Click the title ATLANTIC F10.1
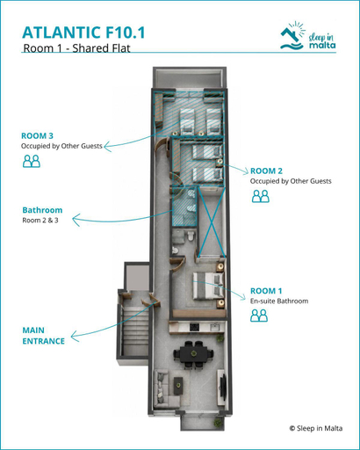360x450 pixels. coord(83,33)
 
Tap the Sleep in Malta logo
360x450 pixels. coord(307,36)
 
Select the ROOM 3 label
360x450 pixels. coord(37,135)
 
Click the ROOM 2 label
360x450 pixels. coord(266,171)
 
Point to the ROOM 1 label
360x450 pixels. coord(266,291)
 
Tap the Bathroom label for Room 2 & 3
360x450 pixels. coord(42,210)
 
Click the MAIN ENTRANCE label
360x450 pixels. coord(43,336)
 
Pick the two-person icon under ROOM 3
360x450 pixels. coord(32,161)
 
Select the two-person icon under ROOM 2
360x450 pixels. coord(261,196)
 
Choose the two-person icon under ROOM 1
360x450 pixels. coord(259,316)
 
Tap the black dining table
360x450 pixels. coord(193,353)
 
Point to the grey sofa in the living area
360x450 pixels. coord(165,388)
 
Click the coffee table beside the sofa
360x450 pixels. coord(178,386)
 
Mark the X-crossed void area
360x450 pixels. coord(212,222)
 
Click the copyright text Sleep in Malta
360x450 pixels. coord(316,428)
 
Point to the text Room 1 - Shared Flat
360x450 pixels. coord(76,48)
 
